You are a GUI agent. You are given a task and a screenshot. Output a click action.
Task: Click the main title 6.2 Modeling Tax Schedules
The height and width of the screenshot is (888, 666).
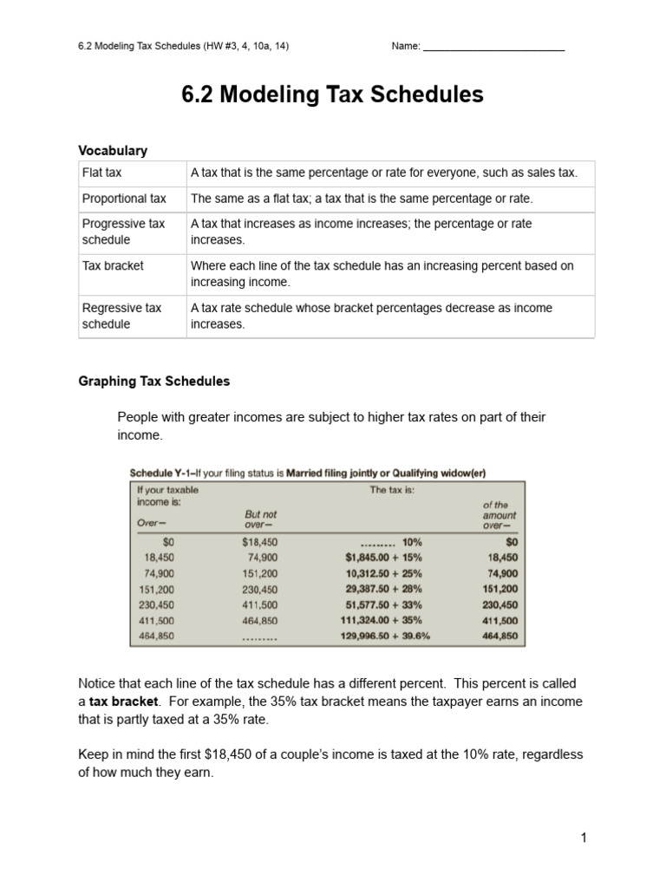coord(332,95)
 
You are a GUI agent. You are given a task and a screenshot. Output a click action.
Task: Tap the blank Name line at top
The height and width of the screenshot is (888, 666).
coord(493,48)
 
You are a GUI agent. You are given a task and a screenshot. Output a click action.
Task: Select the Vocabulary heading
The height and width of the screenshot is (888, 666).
coord(113,150)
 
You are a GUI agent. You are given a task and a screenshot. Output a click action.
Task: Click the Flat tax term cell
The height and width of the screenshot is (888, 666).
coord(101,173)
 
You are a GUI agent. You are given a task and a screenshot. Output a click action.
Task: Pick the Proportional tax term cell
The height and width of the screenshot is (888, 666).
coord(123,199)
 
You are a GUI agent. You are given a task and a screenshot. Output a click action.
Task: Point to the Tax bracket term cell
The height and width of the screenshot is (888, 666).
coord(113,265)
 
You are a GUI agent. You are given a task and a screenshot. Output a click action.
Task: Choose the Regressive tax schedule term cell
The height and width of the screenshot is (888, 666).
coord(121,316)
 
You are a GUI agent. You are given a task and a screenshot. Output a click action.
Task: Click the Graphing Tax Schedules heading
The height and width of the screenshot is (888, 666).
coord(154,381)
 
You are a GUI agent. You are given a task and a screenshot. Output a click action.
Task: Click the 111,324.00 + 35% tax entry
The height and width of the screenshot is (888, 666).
coord(383,620)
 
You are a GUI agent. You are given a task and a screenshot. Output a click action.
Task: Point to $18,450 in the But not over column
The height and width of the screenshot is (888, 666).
coord(259,542)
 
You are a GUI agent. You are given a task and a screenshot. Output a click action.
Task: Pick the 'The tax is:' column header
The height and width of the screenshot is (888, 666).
coord(392,489)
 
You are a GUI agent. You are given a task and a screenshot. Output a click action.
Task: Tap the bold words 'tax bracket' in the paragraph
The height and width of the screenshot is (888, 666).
coord(121,701)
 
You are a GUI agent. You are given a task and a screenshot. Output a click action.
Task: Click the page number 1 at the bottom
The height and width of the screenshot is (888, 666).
coord(584,838)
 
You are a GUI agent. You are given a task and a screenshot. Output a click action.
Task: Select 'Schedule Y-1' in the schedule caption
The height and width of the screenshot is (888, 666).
coord(160,473)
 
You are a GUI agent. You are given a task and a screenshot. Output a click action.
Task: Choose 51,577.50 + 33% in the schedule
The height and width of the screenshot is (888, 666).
coord(383,604)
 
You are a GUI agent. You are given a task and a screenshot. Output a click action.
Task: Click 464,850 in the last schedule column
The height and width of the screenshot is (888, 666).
coord(499,636)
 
